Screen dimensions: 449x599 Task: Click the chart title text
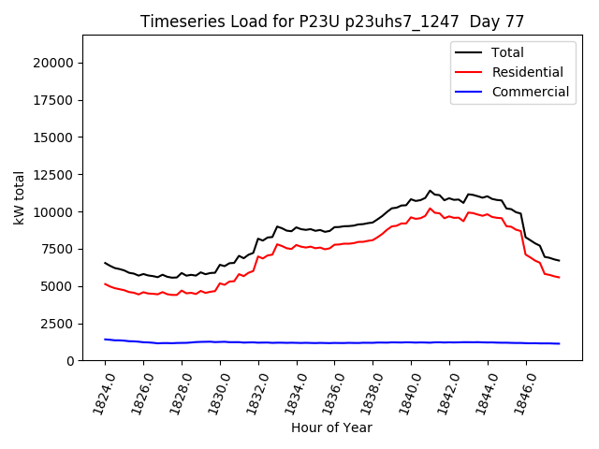pyautogui.click(x=332, y=22)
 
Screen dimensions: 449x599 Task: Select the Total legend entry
pyautogui.click(x=507, y=52)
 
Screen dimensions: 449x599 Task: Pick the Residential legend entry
pyautogui.click(x=527, y=72)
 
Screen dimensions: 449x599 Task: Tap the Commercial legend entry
pyautogui.click(x=530, y=92)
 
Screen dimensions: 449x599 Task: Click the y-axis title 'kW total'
pyautogui.click(x=19, y=197)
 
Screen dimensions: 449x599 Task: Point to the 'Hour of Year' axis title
pyautogui.click(x=331, y=427)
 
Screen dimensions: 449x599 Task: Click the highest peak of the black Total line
pyautogui.click(x=431, y=191)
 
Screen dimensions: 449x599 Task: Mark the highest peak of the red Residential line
pyautogui.click(x=431, y=209)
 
